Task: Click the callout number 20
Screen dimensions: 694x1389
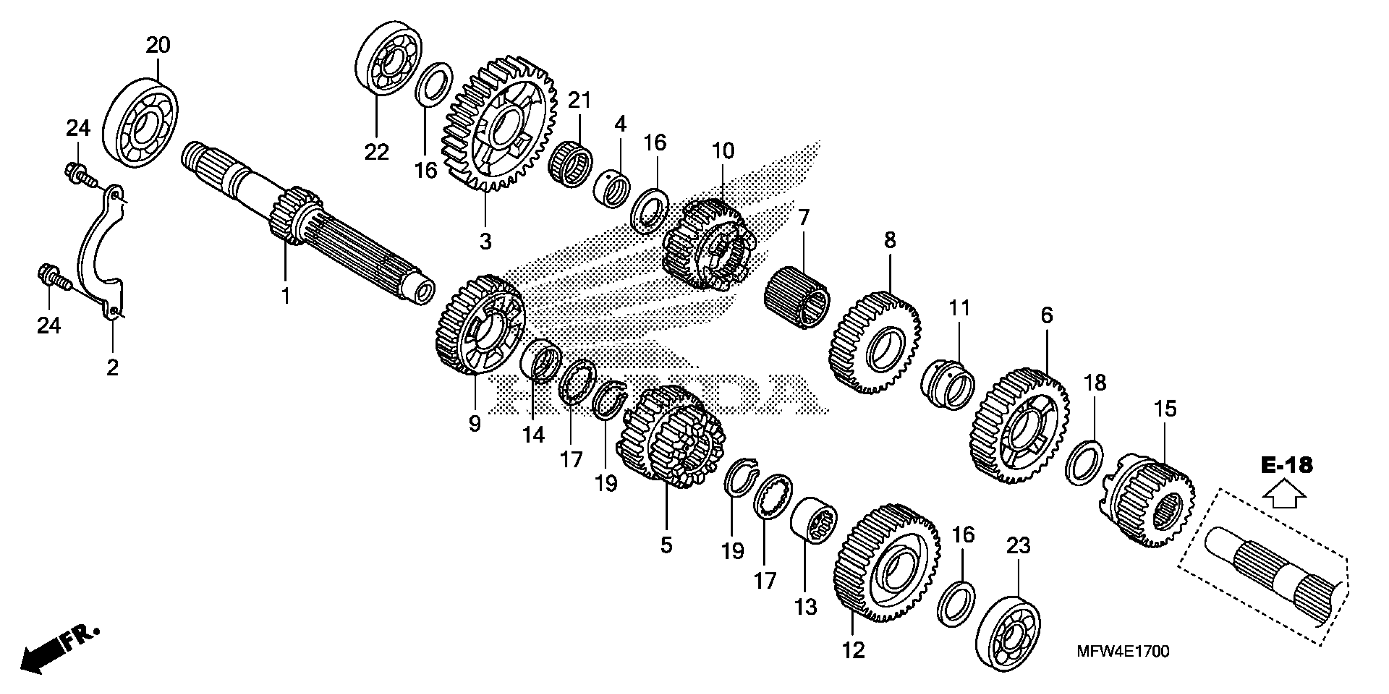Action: coord(158,45)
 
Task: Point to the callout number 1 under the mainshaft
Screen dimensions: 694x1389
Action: coord(286,296)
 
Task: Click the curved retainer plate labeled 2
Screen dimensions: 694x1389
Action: coord(102,254)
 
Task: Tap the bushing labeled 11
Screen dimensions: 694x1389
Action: coord(947,385)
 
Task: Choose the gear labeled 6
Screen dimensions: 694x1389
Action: coord(1022,426)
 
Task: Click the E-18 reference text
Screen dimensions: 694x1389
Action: coord(1287,465)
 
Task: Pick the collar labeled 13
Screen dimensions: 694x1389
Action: coord(813,521)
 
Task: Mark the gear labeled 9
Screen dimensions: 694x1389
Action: coord(477,327)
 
